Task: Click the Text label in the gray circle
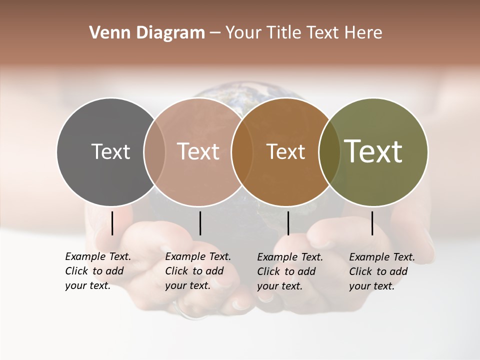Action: [x=110, y=151]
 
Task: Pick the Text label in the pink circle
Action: [x=198, y=151]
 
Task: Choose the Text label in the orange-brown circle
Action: [x=285, y=151]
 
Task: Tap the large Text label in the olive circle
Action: [x=373, y=151]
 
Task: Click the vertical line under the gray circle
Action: [x=112, y=223]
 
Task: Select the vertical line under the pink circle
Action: [x=200, y=223]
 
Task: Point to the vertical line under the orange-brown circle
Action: [x=288, y=223]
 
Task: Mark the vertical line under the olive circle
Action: [x=372, y=223]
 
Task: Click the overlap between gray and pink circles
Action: [x=154, y=151]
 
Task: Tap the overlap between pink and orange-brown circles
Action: [x=241, y=151]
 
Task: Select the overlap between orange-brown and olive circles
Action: [x=329, y=151]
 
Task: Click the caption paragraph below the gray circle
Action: [x=98, y=271]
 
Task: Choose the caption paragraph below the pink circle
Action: [x=198, y=271]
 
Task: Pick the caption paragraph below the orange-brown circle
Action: [x=290, y=271]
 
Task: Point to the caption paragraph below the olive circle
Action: [x=382, y=271]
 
